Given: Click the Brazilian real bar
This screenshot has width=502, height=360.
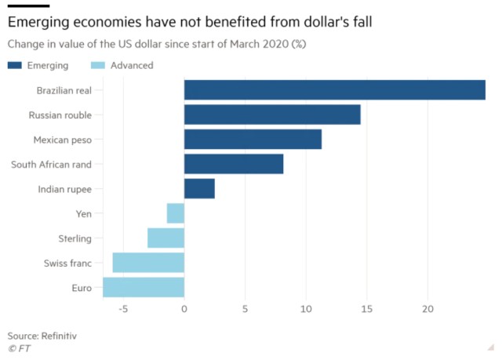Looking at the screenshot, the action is coord(335,90).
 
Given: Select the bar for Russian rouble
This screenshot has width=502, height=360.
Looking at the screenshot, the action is coord(272,115).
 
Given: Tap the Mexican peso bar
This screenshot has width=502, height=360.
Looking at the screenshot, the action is coord(253,139).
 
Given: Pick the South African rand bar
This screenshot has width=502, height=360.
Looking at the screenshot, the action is coord(234,164).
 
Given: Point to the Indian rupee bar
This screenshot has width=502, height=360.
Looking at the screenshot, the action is coord(199,188).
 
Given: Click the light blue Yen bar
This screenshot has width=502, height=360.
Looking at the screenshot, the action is coord(176,213).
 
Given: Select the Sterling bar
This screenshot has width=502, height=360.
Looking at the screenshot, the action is coord(166,238).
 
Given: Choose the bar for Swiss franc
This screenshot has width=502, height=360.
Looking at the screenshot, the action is coord(148,263).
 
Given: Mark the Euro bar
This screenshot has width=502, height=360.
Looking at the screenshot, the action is coord(144,287).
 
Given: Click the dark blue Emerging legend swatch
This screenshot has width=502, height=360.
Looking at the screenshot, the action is coord(15,65).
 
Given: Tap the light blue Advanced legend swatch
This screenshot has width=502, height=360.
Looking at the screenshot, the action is coord(98,65).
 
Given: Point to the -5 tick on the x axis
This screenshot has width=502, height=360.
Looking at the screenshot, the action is coord(123,309).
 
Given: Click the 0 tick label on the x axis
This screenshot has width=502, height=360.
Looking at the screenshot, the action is coord(184,309).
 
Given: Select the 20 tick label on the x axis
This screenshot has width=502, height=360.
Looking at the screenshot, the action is coord(427,309).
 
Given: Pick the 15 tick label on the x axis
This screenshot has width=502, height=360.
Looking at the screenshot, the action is coord(367,309).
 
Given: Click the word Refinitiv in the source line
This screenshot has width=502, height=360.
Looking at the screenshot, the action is coord(59,336).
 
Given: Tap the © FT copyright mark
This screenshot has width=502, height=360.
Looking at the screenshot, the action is coord(19,348).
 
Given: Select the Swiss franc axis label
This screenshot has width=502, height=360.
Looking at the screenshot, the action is coord(67,263).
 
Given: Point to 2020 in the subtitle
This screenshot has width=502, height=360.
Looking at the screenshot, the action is coord(275,44).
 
